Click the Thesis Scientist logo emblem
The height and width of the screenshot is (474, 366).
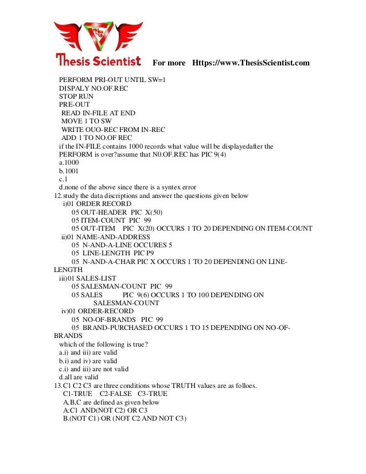click(98, 36)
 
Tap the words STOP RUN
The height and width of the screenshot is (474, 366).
click(76, 96)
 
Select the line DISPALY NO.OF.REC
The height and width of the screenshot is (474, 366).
click(94, 88)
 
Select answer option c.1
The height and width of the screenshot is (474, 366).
click(64, 179)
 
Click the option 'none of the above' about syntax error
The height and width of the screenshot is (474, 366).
click(127, 188)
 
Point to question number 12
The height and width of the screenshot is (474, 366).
click(58, 196)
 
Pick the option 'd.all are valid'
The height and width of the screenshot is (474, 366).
click(79, 378)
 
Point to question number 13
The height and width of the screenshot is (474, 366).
click(58, 386)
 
